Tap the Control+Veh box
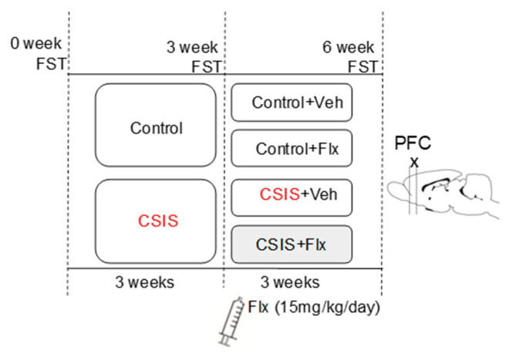(x=292, y=103)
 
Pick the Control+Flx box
(x=292, y=148)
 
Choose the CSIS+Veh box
(x=292, y=197)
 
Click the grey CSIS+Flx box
(x=292, y=244)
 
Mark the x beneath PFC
(x=414, y=162)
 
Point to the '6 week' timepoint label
(x=349, y=47)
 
